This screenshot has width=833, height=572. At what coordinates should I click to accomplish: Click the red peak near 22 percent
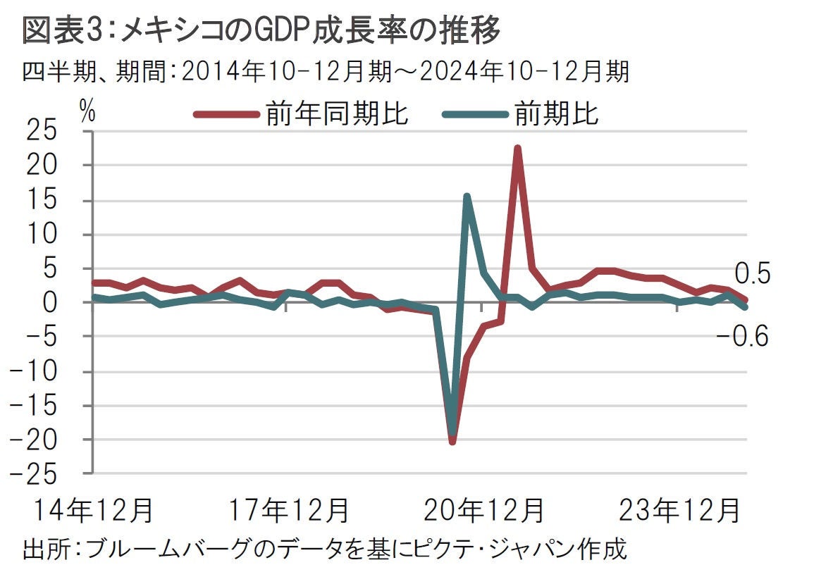point(517,149)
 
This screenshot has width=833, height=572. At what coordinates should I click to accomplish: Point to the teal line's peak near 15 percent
point(467,197)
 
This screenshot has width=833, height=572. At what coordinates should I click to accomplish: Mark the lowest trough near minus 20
point(452,441)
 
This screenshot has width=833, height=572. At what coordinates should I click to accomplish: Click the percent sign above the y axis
point(87,111)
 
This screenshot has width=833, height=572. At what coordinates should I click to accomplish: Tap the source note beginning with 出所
point(324,550)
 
